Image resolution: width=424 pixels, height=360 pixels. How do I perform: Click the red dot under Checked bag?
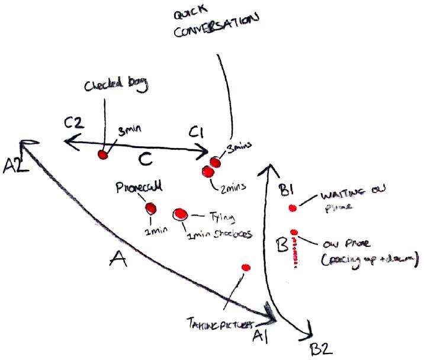[x=102, y=154]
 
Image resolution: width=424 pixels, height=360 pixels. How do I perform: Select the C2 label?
[x=76, y=123]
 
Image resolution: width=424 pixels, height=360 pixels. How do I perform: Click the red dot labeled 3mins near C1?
[x=215, y=162]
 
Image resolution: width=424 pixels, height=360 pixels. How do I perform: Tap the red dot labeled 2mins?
[x=208, y=171]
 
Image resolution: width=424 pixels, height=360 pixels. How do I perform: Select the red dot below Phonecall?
[x=150, y=208]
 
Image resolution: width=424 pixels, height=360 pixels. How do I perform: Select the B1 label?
[x=286, y=190]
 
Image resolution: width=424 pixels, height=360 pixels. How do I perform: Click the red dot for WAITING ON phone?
[x=292, y=207]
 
